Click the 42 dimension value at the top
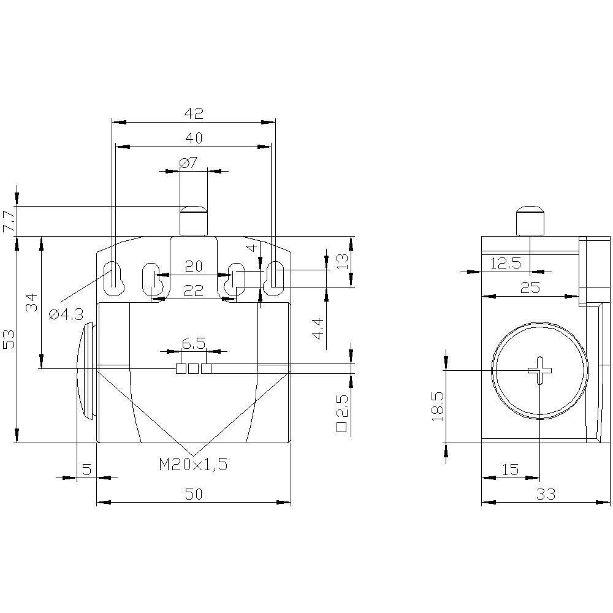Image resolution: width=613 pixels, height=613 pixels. tap(194, 113)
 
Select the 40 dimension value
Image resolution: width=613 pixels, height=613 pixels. tap(194, 139)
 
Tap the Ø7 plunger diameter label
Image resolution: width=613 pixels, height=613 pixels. tap(188, 162)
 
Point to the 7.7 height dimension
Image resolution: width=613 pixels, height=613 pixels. tap(9, 221)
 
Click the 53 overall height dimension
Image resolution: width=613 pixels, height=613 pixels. tap(9, 339)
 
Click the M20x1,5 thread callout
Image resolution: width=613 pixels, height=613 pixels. tap(193, 465)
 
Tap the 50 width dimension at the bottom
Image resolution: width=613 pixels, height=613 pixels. tap(194, 494)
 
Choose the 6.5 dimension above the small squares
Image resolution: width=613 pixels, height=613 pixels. tap(193, 344)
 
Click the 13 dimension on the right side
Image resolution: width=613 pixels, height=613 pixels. tap(343, 262)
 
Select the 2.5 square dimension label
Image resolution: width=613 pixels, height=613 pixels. tap(342, 416)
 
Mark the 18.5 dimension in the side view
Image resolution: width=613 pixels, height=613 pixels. tap(437, 405)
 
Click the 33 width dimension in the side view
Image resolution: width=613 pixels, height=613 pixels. tap(546, 494)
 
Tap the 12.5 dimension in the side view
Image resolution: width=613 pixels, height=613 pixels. tap(505, 263)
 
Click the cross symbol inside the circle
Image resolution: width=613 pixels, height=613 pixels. tap(539, 370)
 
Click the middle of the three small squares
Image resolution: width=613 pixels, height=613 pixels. tap(194, 368)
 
